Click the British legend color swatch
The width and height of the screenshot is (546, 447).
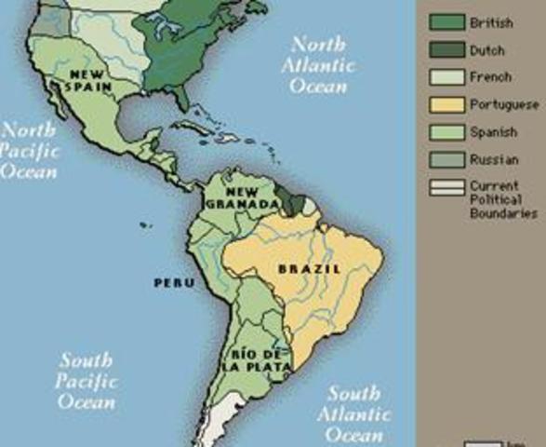tap(446, 21)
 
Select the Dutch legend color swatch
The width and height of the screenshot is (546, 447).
tap(446, 49)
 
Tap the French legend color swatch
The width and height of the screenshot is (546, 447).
tap(446, 77)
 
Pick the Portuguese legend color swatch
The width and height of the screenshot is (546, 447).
tap(446, 105)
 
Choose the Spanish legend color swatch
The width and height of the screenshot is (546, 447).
tap(446, 133)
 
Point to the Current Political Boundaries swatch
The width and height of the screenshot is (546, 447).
tap(446, 189)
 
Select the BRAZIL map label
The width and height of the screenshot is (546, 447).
tap(310, 269)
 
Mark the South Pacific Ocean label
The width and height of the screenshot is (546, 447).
tap(86, 381)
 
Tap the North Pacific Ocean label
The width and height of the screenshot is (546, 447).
tap(28, 150)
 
